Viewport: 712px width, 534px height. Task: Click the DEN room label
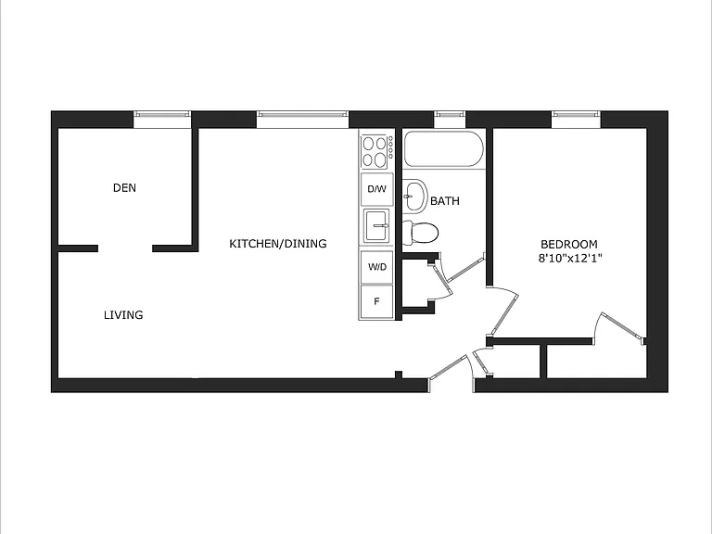click(124, 187)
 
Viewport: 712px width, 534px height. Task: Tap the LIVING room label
click(123, 314)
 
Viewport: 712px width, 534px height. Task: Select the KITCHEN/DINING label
click(278, 244)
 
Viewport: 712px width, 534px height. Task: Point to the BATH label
click(445, 200)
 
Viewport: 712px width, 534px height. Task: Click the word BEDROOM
click(569, 245)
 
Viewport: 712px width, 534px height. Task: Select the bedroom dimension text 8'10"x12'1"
click(570, 259)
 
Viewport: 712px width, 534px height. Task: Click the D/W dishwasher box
click(377, 189)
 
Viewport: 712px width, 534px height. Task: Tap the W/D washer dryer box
click(377, 267)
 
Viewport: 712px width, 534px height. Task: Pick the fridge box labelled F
click(376, 301)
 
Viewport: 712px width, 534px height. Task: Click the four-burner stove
click(377, 152)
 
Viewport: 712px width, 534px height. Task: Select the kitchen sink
click(376, 225)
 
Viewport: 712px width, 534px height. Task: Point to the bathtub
click(444, 149)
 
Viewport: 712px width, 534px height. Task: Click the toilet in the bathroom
click(421, 233)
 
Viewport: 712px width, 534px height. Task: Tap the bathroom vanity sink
click(415, 196)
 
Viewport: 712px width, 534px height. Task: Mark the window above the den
click(162, 120)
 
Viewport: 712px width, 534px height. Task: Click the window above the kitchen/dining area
click(302, 120)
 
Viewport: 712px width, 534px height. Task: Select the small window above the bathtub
click(450, 120)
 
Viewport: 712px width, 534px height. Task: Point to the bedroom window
click(577, 120)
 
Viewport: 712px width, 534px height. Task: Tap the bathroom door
click(466, 270)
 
